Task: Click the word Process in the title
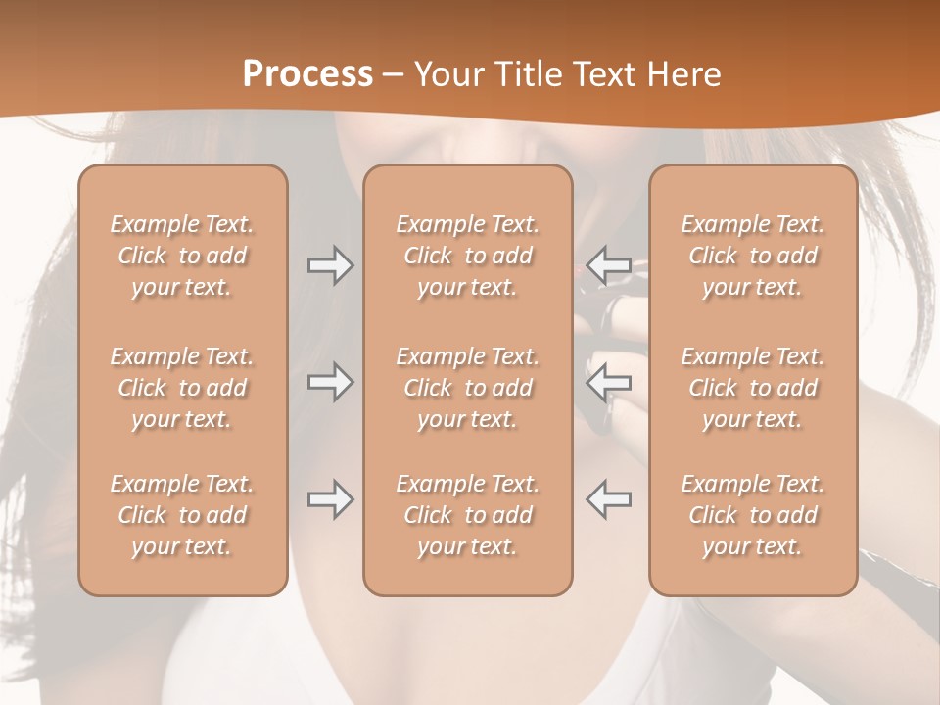click(x=307, y=74)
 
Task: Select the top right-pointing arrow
click(x=330, y=265)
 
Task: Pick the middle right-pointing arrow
click(x=330, y=382)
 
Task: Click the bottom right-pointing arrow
click(x=330, y=499)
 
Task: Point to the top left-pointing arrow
click(x=609, y=265)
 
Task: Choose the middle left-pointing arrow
click(x=609, y=382)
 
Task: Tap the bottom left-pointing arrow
click(x=609, y=499)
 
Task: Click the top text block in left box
click(x=182, y=256)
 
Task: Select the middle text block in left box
click(x=182, y=388)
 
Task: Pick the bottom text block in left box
click(x=182, y=515)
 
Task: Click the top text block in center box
click(x=468, y=256)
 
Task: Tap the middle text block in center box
click(x=468, y=388)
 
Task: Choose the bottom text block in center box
click(x=468, y=515)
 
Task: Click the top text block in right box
click(x=753, y=256)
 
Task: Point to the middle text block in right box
click(x=753, y=388)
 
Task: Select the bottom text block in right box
click(x=753, y=515)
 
